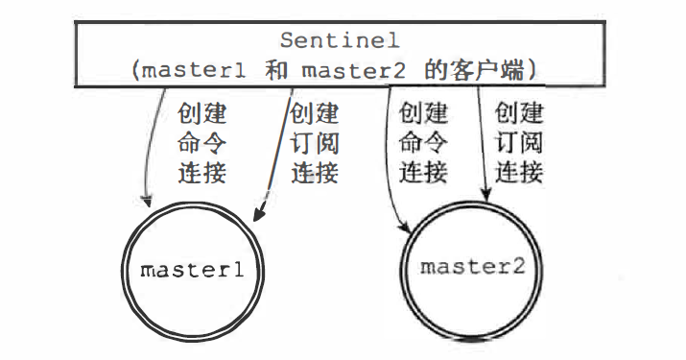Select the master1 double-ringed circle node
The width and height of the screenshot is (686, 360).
(x=193, y=271)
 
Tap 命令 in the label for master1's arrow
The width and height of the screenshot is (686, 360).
(x=203, y=144)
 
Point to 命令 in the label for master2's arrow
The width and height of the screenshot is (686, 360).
(x=423, y=144)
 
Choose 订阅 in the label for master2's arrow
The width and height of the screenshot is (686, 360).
(x=519, y=144)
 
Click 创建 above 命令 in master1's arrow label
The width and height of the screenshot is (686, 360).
(x=203, y=114)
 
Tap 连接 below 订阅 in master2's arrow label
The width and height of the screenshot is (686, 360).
(x=519, y=173)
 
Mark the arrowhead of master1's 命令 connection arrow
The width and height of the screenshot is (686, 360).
(x=149, y=201)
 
